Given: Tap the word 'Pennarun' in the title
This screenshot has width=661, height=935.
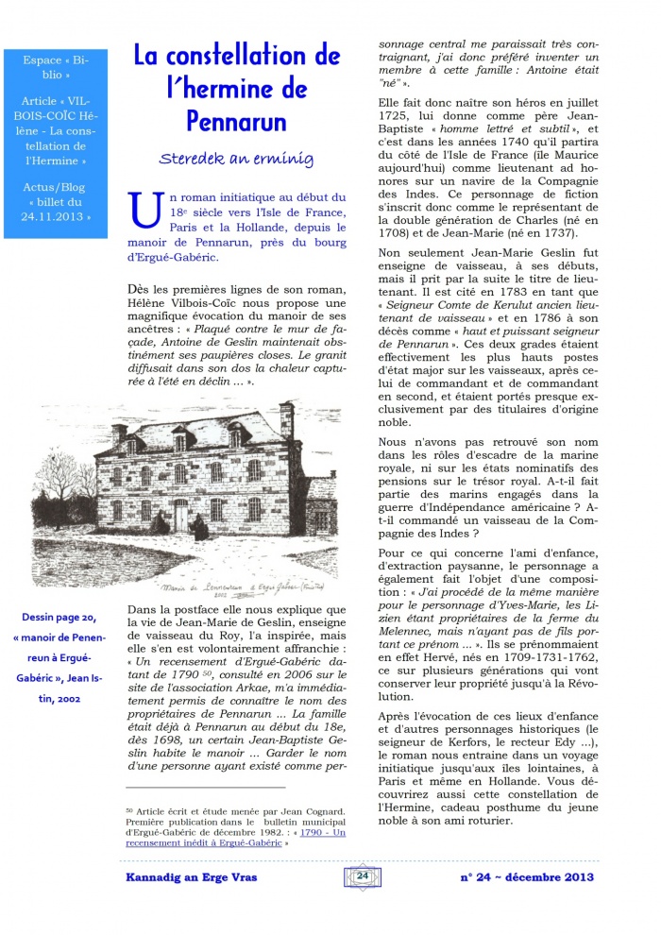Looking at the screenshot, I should [236, 122].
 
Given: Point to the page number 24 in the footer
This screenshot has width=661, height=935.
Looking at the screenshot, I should [363, 875].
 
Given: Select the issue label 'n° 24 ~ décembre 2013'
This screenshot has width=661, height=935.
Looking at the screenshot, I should [526, 876].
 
